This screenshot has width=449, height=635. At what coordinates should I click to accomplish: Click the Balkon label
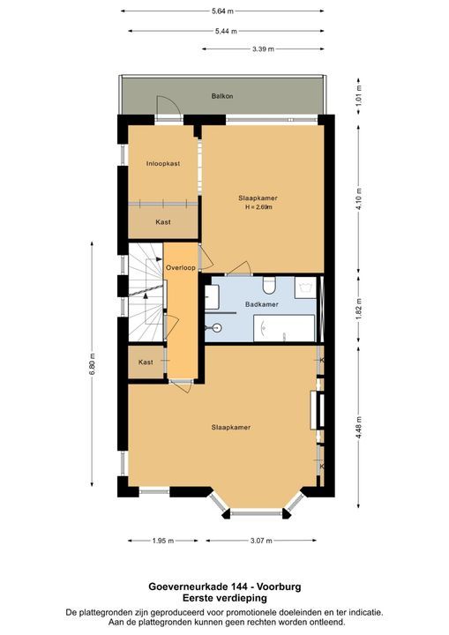(221, 96)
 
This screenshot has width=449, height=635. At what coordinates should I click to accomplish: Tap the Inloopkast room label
(163, 163)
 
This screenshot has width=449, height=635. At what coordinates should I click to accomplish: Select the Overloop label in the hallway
(180, 268)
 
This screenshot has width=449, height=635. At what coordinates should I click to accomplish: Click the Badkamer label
(261, 304)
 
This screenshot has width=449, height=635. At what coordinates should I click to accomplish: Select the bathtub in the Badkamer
(283, 328)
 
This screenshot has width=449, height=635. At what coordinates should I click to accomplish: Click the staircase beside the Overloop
(145, 295)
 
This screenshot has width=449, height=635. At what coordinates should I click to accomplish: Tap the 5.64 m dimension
(222, 11)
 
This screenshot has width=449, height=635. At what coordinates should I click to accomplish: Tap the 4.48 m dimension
(358, 421)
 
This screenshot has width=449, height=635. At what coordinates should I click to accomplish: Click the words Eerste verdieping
(224, 598)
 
